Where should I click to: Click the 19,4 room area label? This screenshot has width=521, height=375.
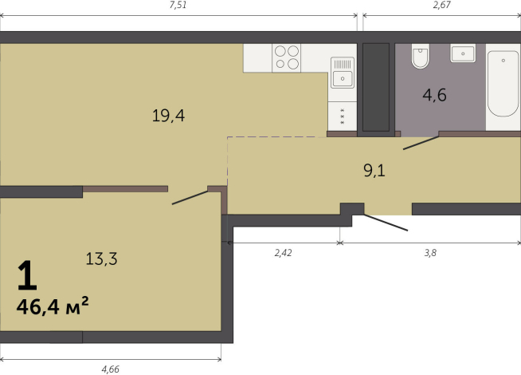tap(168, 116)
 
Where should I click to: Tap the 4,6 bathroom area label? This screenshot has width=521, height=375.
tap(434, 95)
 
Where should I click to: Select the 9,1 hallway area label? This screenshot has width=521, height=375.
tap(374, 171)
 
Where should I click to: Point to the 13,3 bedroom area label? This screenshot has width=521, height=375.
tap(101, 259)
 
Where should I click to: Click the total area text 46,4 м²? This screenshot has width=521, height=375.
tap(53, 306)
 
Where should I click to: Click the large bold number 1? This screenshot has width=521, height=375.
tap(27, 275)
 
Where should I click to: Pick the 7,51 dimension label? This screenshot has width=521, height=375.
tap(178, 6)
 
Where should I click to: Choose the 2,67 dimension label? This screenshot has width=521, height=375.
tap(442, 6)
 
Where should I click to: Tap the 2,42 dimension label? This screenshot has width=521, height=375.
tap(283, 253)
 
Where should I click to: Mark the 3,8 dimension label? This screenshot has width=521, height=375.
tap(430, 253)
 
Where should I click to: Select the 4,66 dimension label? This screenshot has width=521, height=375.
tap(110, 369)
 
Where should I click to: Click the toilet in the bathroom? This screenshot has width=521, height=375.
tap(421, 56)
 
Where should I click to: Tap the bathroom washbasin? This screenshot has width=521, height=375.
tap(463, 53)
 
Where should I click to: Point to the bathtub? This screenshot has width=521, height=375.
tap(503, 84)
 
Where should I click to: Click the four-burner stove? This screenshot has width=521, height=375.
tap(287, 58)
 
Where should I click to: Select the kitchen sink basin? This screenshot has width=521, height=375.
tap(343, 79)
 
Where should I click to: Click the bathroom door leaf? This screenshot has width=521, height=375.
tap(421, 143)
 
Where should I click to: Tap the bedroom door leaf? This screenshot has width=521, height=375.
tap(190, 198)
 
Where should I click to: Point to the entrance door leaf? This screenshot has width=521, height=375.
tap(386, 223)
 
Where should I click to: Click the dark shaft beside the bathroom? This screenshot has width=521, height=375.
tap(376, 87)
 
